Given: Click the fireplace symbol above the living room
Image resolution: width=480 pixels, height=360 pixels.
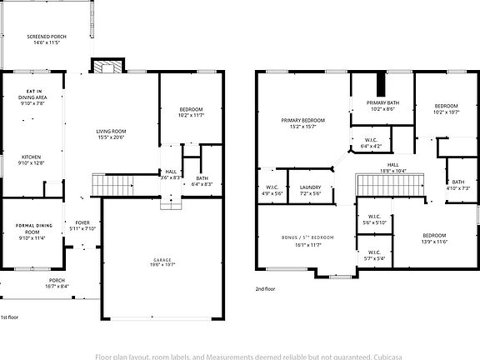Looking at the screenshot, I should (x=106, y=67).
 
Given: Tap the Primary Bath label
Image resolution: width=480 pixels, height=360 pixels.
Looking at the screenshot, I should (x=382, y=105).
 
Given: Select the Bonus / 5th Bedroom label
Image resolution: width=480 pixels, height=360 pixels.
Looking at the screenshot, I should (x=307, y=241).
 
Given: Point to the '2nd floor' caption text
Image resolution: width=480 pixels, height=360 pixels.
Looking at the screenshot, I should (x=266, y=288).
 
